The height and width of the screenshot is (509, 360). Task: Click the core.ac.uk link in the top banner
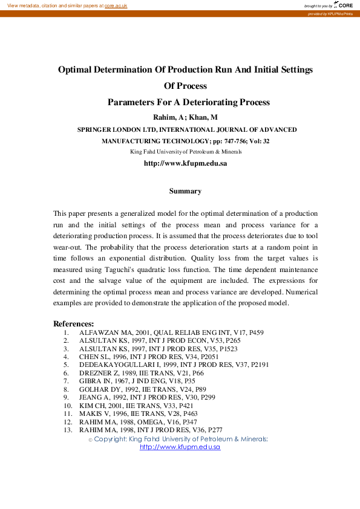(116, 5)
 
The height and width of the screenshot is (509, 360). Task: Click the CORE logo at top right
(344, 5)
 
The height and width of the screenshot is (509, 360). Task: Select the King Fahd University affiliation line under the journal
(186, 151)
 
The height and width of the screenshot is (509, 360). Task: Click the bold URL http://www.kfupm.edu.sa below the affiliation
(185, 163)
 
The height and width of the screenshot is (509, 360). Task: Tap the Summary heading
(185, 191)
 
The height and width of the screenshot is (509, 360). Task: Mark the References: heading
(74, 323)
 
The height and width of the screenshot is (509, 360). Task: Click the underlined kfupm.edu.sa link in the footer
(180, 447)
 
